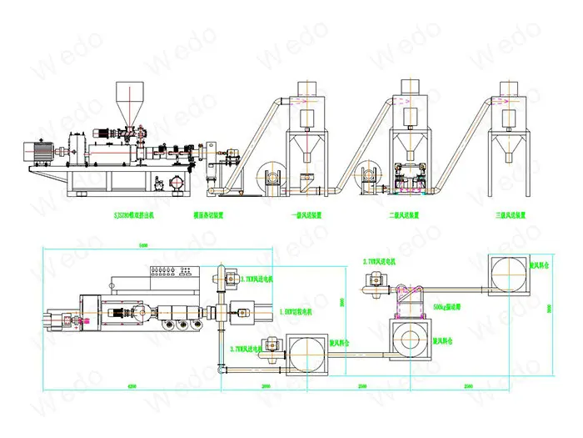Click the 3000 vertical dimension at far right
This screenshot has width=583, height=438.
(x=549, y=308)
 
